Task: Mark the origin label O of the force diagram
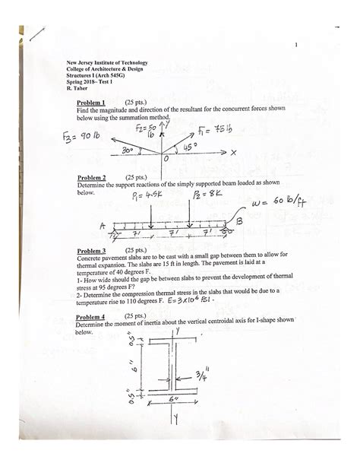pyautogui.click(x=166, y=160)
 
